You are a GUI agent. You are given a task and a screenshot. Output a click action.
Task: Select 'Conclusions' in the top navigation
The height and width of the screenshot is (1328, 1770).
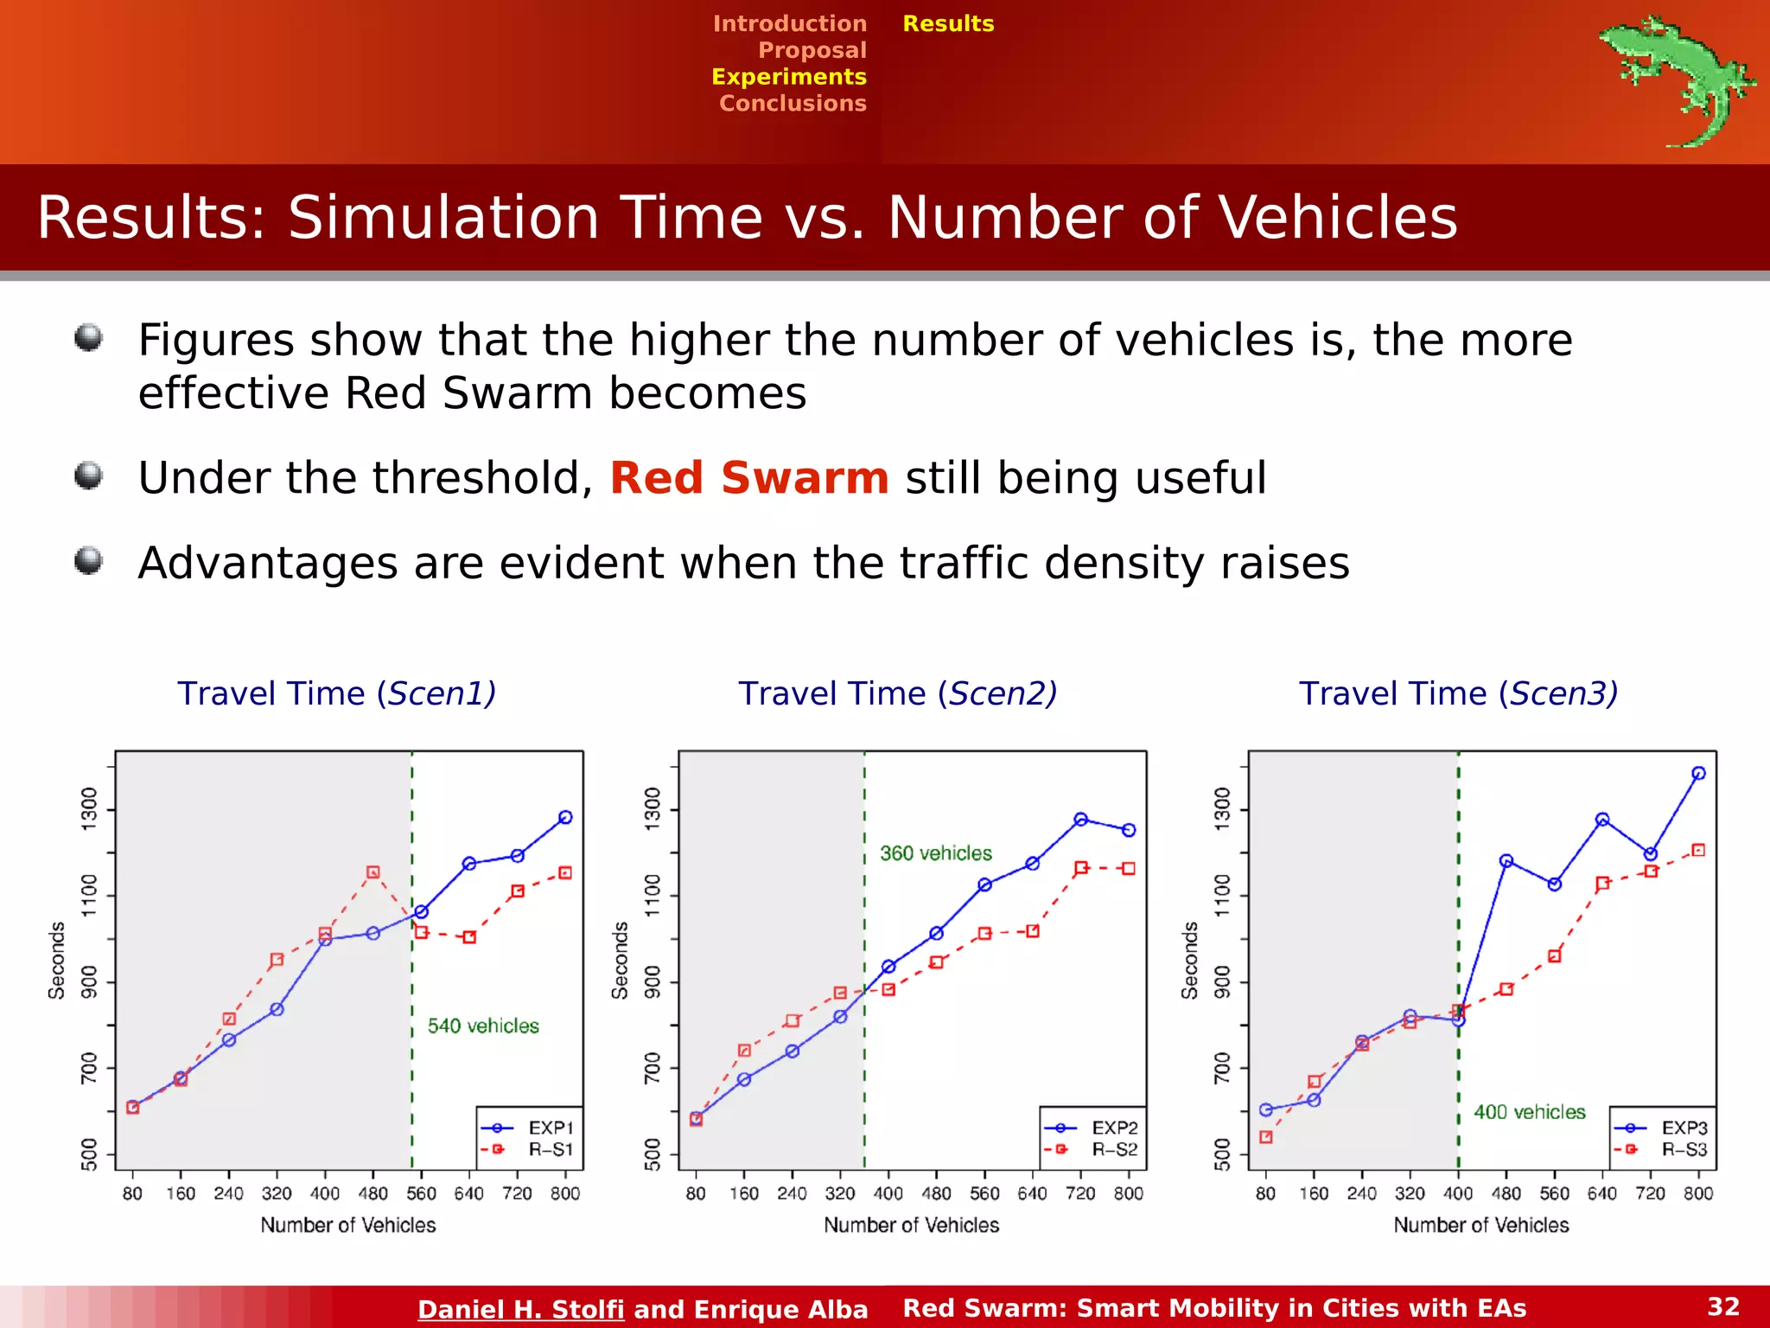pyautogui.click(x=793, y=103)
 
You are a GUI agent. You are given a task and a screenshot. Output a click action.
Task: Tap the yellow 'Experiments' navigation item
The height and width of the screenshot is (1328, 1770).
pyautogui.click(x=788, y=77)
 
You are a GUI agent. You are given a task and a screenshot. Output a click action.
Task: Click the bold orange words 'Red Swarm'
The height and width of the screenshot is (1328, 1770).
pyautogui.click(x=748, y=478)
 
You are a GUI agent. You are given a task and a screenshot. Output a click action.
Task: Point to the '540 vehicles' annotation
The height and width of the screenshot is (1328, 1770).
pyautogui.click(x=483, y=1026)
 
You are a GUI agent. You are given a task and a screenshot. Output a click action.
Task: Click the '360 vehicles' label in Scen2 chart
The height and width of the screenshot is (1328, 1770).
pyautogui.click(x=935, y=853)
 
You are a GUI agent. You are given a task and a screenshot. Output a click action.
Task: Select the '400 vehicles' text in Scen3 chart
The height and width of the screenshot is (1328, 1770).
pyautogui.click(x=1529, y=1112)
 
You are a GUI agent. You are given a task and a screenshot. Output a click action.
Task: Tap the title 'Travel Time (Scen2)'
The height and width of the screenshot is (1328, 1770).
pyautogui.click(x=897, y=693)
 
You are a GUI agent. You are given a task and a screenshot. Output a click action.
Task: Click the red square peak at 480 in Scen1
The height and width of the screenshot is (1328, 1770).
pyautogui.click(x=373, y=872)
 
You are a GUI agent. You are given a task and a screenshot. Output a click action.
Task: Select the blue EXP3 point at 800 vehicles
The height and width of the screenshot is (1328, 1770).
pyautogui.click(x=1698, y=774)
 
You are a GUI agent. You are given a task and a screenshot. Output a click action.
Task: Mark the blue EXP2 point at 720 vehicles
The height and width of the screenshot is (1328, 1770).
pyautogui.click(x=1080, y=819)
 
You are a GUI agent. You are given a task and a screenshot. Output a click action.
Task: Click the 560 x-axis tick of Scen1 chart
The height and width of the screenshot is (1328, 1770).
pyautogui.click(x=421, y=1193)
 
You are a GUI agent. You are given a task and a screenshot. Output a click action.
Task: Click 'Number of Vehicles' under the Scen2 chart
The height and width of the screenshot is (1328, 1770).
pyautogui.click(x=911, y=1225)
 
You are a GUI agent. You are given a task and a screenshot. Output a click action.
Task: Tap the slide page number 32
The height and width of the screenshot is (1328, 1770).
pyautogui.click(x=1722, y=1306)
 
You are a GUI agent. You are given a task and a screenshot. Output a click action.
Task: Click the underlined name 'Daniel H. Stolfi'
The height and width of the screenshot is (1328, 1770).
pyautogui.click(x=520, y=1309)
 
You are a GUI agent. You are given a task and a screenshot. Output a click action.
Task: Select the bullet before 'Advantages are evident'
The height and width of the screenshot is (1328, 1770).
pyautogui.click(x=88, y=560)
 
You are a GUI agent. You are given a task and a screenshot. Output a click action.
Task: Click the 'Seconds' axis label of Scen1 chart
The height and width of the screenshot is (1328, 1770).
pyautogui.click(x=57, y=960)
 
